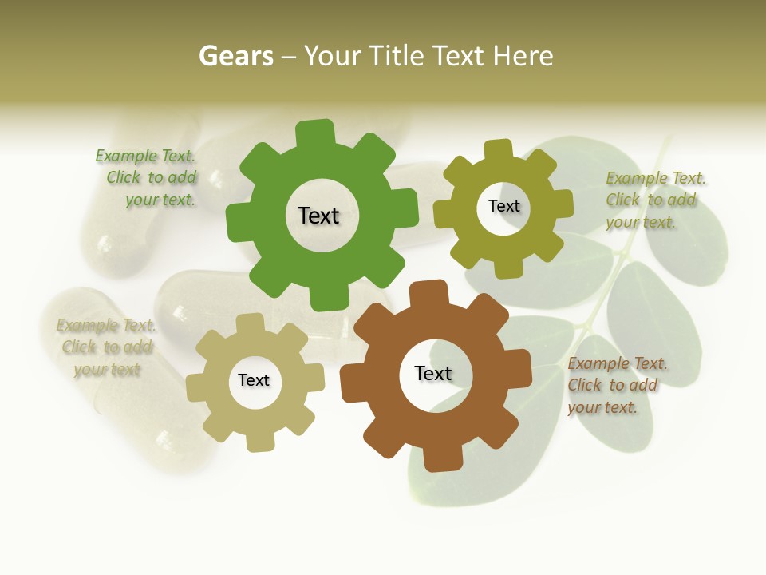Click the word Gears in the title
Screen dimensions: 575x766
point(235,57)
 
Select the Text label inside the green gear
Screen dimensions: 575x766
point(318,216)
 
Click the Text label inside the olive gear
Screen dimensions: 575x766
point(503,206)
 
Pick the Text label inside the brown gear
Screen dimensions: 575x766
point(433,373)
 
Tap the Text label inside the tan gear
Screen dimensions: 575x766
point(254,380)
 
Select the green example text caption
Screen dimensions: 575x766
point(146,178)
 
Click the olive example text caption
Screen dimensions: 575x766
point(656,200)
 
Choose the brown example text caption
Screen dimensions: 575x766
point(618,386)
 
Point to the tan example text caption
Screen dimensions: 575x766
point(107,347)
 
